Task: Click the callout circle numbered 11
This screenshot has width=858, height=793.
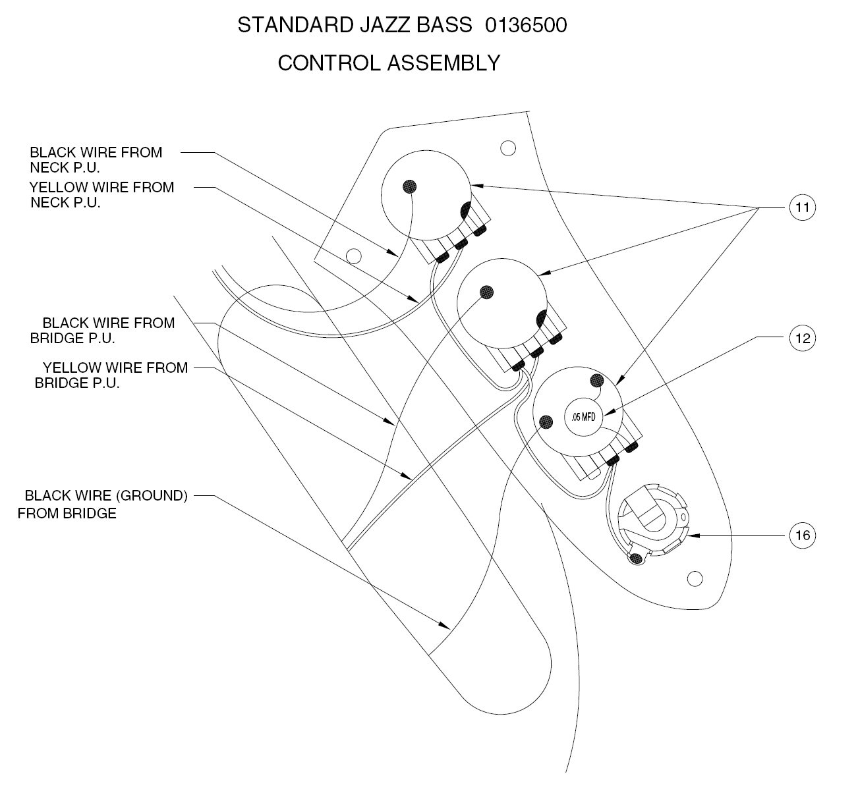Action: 802,207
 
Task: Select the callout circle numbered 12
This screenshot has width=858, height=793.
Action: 802,338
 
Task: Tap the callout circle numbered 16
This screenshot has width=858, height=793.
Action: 802,535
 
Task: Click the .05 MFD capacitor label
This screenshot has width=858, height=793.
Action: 583,416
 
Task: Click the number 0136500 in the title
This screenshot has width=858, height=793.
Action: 525,26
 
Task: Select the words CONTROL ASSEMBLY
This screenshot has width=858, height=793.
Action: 389,63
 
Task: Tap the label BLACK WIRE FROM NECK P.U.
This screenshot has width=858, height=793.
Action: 96,159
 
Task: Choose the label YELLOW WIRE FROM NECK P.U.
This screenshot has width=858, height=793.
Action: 101,194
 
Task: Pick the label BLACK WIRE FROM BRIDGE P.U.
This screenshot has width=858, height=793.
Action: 102,330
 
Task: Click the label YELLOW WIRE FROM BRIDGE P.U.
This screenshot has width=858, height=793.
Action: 111,375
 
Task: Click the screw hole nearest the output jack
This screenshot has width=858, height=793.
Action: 694,579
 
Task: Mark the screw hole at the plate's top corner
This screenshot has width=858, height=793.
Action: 507,148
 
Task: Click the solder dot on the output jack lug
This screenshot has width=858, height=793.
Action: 636,559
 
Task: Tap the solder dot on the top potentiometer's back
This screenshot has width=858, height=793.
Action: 409,186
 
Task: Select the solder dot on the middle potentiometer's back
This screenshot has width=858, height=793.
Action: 486,292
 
